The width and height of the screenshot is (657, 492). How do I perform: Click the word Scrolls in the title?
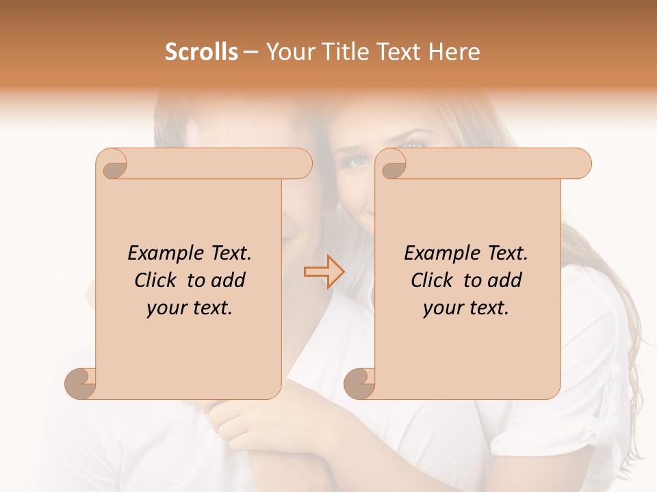(201, 52)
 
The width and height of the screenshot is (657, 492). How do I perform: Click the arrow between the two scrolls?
(324, 271)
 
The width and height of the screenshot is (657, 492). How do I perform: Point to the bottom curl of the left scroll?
(81, 383)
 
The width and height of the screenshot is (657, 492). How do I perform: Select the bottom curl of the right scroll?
(360, 383)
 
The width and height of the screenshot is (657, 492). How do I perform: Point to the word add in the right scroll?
(506, 280)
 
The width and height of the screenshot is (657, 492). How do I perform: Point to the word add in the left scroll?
(229, 280)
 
